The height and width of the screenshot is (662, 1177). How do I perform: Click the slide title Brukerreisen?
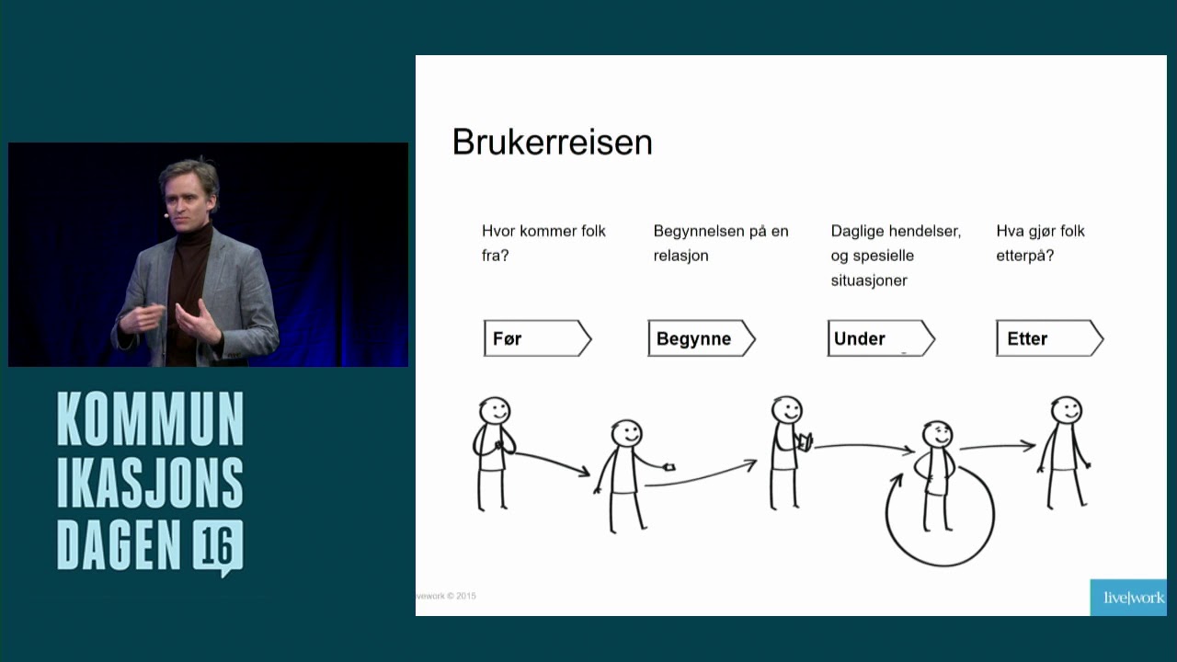tap(552, 143)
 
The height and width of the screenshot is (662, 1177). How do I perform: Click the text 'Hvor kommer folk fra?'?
tap(543, 243)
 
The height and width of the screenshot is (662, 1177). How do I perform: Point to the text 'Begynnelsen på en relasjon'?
tap(720, 243)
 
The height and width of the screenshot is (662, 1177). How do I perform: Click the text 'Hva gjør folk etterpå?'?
tap(1040, 243)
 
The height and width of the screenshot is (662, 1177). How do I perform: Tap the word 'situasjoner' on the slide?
tap(868, 280)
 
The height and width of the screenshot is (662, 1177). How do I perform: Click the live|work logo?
tap(1133, 598)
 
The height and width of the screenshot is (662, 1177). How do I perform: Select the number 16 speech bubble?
tap(219, 547)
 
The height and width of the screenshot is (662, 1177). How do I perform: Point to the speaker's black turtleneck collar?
tap(195, 234)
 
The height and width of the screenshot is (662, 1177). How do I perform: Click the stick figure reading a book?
tap(788, 451)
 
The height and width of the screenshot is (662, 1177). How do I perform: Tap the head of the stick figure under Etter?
tap(1066, 411)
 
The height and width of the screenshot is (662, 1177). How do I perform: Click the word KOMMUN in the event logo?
tap(151, 419)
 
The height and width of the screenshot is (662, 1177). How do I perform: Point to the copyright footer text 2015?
tap(464, 596)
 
